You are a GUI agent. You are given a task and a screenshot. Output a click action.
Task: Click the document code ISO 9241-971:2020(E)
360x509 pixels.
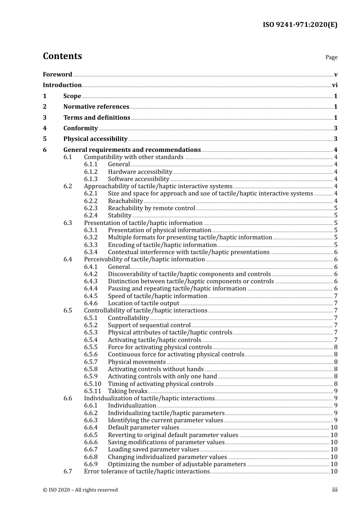click(x=300, y=25)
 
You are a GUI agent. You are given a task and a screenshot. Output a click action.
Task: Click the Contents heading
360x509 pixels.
click(x=62, y=56)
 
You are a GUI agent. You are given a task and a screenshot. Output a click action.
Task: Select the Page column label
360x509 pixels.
click(x=331, y=57)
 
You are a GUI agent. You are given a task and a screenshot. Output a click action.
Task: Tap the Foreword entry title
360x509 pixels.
click(x=57, y=74)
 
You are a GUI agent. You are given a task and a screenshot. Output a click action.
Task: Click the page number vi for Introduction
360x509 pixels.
click(x=335, y=85)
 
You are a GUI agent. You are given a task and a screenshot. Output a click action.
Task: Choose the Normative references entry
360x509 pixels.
click(x=96, y=107)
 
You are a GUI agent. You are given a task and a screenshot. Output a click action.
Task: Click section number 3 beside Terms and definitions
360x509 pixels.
click(x=45, y=117)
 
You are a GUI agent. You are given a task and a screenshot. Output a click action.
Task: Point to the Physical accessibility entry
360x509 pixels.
click(x=95, y=139)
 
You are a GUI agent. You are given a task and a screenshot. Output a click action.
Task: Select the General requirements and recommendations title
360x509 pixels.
click(x=132, y=150)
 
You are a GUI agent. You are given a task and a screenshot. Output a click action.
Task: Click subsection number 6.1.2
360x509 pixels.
click(x=91, y=172)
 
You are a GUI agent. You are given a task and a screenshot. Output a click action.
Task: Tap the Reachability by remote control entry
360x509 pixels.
click(x=151, y=208)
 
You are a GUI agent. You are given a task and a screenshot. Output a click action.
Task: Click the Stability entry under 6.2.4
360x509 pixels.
click(x=119, y=215)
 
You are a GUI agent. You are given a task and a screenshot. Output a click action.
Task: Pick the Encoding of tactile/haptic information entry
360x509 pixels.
click(x=162, y=245)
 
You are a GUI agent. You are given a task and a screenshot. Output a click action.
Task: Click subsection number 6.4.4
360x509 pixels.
click(x=91, y=289)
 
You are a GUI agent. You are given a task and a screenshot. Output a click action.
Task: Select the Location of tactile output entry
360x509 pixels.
click(x=143, y=303)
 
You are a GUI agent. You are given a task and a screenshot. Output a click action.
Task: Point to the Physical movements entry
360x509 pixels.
click(x=136, y=362)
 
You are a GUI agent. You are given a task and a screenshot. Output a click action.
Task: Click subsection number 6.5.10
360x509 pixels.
click(x=92, y=384)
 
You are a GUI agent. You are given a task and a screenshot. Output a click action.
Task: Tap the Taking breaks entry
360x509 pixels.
click(x=127, y=391)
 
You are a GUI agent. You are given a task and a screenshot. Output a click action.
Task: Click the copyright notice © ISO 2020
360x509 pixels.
click(x=80, y=490)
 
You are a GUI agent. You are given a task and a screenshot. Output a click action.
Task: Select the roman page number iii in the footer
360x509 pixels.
click(x=335, y=490)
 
